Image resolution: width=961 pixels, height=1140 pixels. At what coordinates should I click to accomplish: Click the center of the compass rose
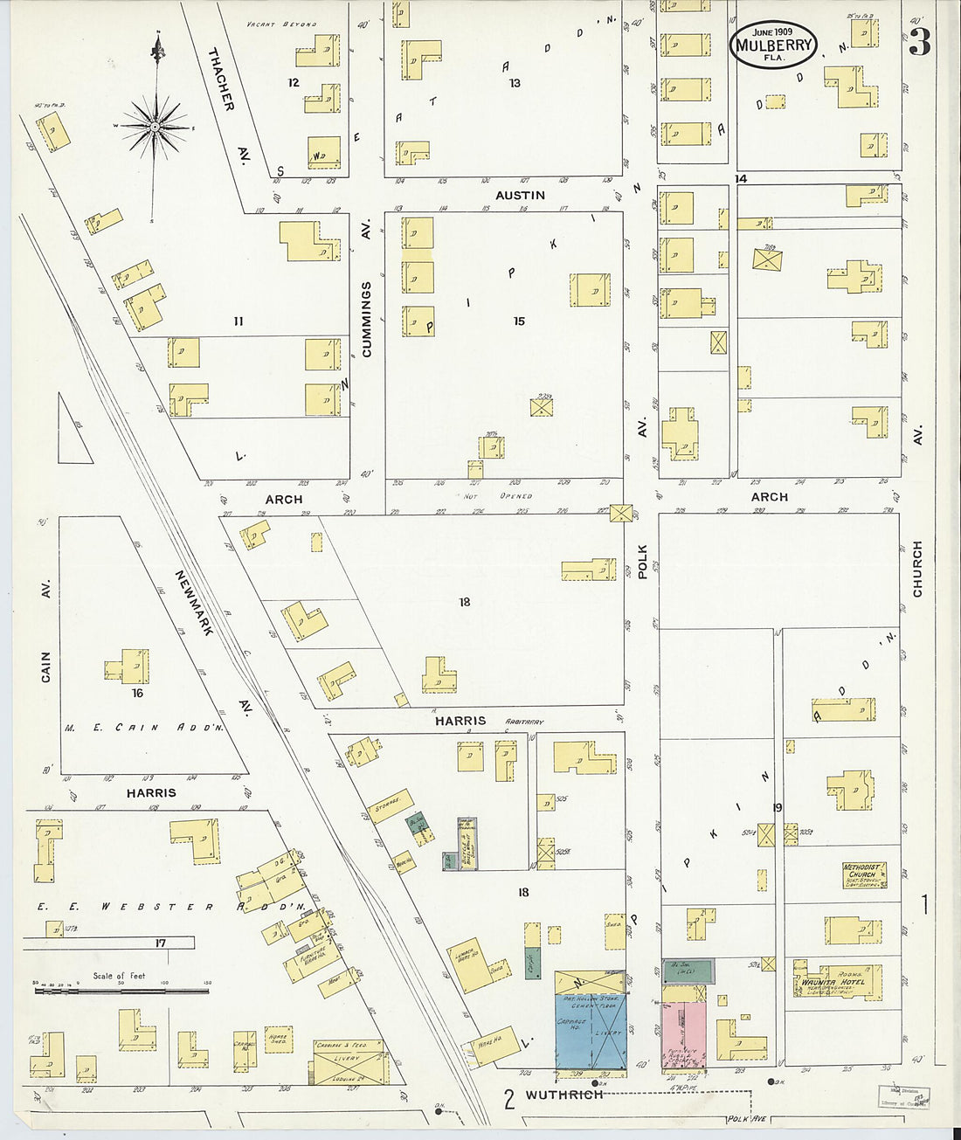click(x=156, y=128)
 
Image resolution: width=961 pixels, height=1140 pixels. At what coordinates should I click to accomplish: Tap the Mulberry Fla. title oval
click(x=773, y=45)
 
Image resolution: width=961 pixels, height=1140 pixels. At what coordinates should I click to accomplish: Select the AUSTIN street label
click(x=520, y=196)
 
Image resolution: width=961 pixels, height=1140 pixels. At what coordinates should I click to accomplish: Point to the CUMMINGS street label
click(x=367, y=319)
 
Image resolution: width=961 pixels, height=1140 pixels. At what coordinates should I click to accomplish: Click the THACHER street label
click(x=221, y=79)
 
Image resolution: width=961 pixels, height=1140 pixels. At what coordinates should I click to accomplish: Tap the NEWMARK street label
click(x=194, y=603)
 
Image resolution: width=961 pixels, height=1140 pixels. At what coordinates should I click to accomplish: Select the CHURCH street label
click(x=917, y=569)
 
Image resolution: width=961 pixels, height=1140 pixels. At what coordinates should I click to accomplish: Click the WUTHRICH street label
click(x=563, y=1095)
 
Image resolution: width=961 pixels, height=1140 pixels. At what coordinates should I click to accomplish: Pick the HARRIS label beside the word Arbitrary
click(x=460, y=721)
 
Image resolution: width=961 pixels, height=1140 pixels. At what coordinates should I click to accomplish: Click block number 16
click(x=137, y=694)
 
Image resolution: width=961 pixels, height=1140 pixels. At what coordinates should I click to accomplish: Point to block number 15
click(x=519, y=321)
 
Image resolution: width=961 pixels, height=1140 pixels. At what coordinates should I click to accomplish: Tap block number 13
click(x=515, y=83)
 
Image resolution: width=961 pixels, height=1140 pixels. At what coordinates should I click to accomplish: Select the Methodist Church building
click(x=865, y=874)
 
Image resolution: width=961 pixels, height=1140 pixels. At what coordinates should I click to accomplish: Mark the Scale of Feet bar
click(x=122, y=990)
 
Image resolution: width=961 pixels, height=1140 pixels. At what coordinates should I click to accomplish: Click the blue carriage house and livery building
click(x=591, y=1030)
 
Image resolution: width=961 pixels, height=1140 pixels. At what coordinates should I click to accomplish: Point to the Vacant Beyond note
click(x=281, y=24)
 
